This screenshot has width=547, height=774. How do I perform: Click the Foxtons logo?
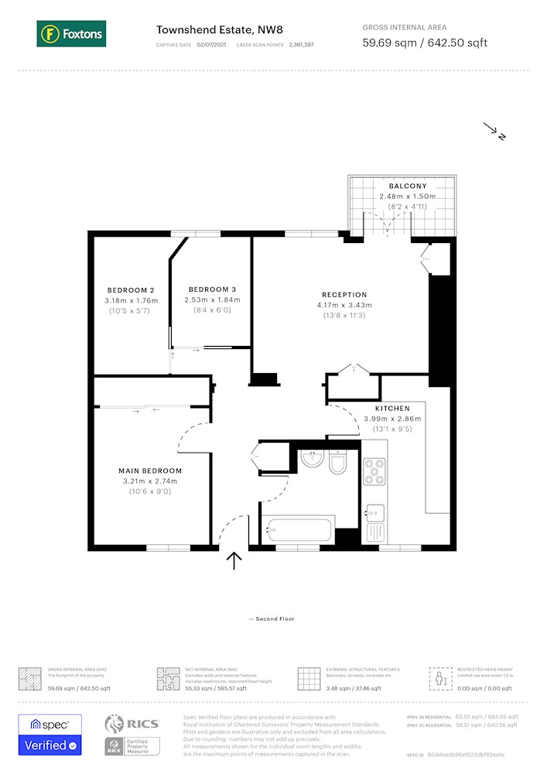(x=71, y=34)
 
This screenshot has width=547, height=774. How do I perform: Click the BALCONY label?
(x=407, y=187)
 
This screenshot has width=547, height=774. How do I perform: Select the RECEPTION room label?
(x=344, y=295)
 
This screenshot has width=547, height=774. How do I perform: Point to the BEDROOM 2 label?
(x=131, y=290)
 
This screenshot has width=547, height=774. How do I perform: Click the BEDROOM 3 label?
(x=212, y=289)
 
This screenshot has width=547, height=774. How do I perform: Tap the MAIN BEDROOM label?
(x=150, y=471)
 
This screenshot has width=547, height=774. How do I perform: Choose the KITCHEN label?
(x=392, y=409)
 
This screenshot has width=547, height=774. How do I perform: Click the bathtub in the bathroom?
(x=299, y=531)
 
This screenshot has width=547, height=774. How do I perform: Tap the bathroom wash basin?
(x=312, y=460)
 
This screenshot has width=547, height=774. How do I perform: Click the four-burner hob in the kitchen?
(x=374, y=471)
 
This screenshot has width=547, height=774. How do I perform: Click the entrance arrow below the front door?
(x=234, y=560)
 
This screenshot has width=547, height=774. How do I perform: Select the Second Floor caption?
(x=272, y=619)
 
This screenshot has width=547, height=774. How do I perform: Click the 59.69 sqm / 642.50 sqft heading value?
(x=425, y=43)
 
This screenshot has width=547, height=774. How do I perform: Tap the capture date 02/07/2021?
(x=213, y=46)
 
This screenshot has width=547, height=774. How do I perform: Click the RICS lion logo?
(x=115, y=724)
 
